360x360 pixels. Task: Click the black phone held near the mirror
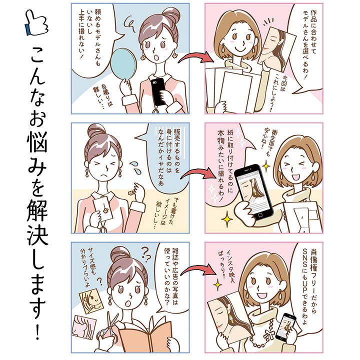coord(159,91)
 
